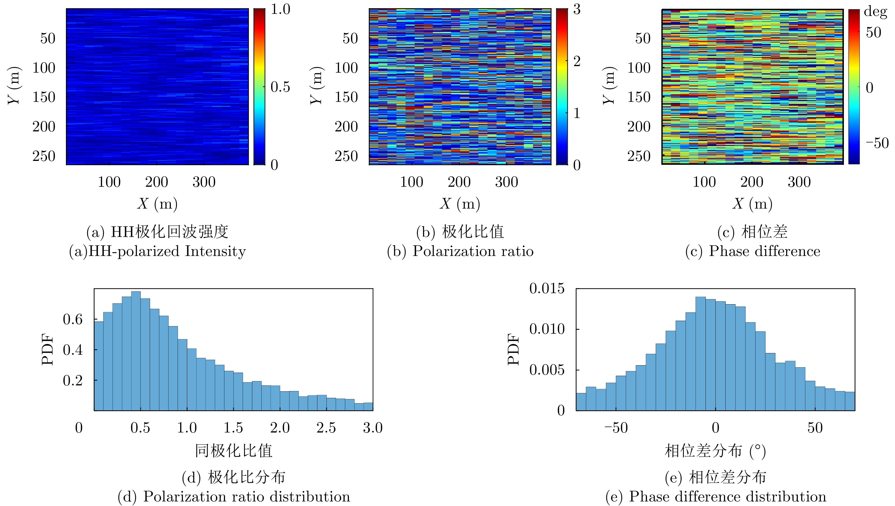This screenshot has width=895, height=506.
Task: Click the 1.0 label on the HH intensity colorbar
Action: tap(280, 9)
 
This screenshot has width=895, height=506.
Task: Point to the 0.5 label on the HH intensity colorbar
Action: tap(280, 87)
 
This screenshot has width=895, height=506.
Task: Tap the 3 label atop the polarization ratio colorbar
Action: tap(577, 9)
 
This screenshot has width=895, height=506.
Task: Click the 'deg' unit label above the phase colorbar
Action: tap(875, 11)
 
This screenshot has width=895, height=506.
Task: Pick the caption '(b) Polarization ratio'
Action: tap(460, 251)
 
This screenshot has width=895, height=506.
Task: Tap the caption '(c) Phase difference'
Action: tap(752, 251)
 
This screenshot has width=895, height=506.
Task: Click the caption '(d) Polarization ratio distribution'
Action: tap(234, 496)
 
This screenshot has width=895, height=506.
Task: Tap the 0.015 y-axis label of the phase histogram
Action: tap(547, 288)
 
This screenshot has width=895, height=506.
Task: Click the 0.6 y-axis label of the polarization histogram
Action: tap(73, 319)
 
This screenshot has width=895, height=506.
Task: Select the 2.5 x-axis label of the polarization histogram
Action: tap(326, 428)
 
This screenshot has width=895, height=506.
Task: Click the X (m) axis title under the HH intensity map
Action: tap(157, 204)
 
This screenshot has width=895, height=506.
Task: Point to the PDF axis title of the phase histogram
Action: tap(514, 349)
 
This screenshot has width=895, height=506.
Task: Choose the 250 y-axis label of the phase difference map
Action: tap(639, 156)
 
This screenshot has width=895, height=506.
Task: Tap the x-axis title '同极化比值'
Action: tap(234, 451)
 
